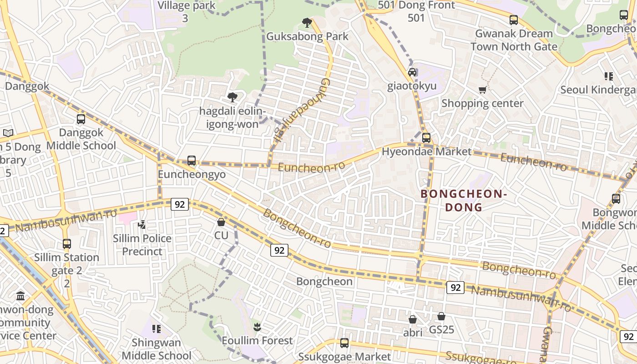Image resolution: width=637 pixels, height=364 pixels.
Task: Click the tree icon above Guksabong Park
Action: click(x=307, y=22)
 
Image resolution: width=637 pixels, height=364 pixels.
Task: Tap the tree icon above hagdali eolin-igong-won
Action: click(x=233, y=97)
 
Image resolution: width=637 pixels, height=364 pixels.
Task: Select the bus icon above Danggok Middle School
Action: click(x=81, y=119)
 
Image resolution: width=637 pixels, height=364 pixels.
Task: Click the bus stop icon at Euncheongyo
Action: click(x=192, y=161)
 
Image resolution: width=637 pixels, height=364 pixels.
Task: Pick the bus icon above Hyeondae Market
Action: click(x=426, y=138)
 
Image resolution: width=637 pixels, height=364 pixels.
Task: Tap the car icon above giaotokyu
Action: click(x=412, y=72)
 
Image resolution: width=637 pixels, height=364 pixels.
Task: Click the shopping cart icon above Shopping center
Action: click(x=482, y=90)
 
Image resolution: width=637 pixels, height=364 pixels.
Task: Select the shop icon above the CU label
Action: click(x=221, y=222)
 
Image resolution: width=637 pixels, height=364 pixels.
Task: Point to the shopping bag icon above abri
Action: click(x=413, y=319)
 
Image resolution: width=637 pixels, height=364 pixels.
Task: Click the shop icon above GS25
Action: click(x=441, y=316)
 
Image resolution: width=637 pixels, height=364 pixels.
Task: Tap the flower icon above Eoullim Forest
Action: click(x=257, y=327)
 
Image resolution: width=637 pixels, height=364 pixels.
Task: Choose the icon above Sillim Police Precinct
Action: click(x=142, y=224)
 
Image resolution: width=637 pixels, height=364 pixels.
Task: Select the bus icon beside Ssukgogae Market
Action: click(x=344, y=343)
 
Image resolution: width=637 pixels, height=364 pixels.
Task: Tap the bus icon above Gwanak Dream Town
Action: click(x=514, y=20)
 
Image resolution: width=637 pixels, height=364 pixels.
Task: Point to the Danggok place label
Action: click(x=27, y=86)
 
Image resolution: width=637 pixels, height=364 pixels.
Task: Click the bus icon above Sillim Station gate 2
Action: click(x=67, y=244)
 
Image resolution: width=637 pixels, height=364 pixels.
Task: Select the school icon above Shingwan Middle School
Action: click(x=157, y=329)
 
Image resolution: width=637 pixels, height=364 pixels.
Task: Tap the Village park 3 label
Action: click(x=186, y=12)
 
